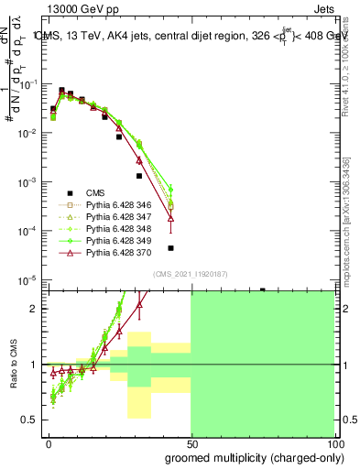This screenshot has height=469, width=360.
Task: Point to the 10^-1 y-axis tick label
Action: pos(27,84)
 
